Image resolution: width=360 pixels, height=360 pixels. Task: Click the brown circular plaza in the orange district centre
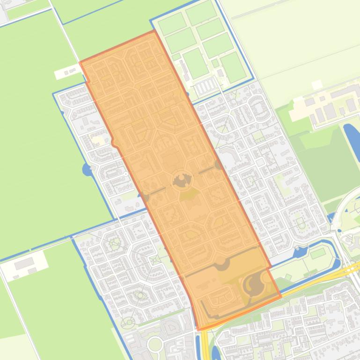point(182,180)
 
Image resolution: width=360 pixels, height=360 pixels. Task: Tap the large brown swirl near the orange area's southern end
point(254,284)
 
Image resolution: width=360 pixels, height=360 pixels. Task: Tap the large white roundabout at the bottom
point(154,345)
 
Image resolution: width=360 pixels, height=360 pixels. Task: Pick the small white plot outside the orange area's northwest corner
point(68,72)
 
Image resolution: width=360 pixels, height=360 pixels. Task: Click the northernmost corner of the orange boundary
point(153,31)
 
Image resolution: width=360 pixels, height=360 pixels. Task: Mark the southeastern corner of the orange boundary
point(280,296)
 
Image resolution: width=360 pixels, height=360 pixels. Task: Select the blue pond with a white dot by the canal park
point(300,252)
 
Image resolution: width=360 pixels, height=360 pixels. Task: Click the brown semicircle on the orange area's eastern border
point(219,165)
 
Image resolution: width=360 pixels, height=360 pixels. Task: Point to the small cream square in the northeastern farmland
point(316,85)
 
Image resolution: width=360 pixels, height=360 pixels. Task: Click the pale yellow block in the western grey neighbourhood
point(98,139)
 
